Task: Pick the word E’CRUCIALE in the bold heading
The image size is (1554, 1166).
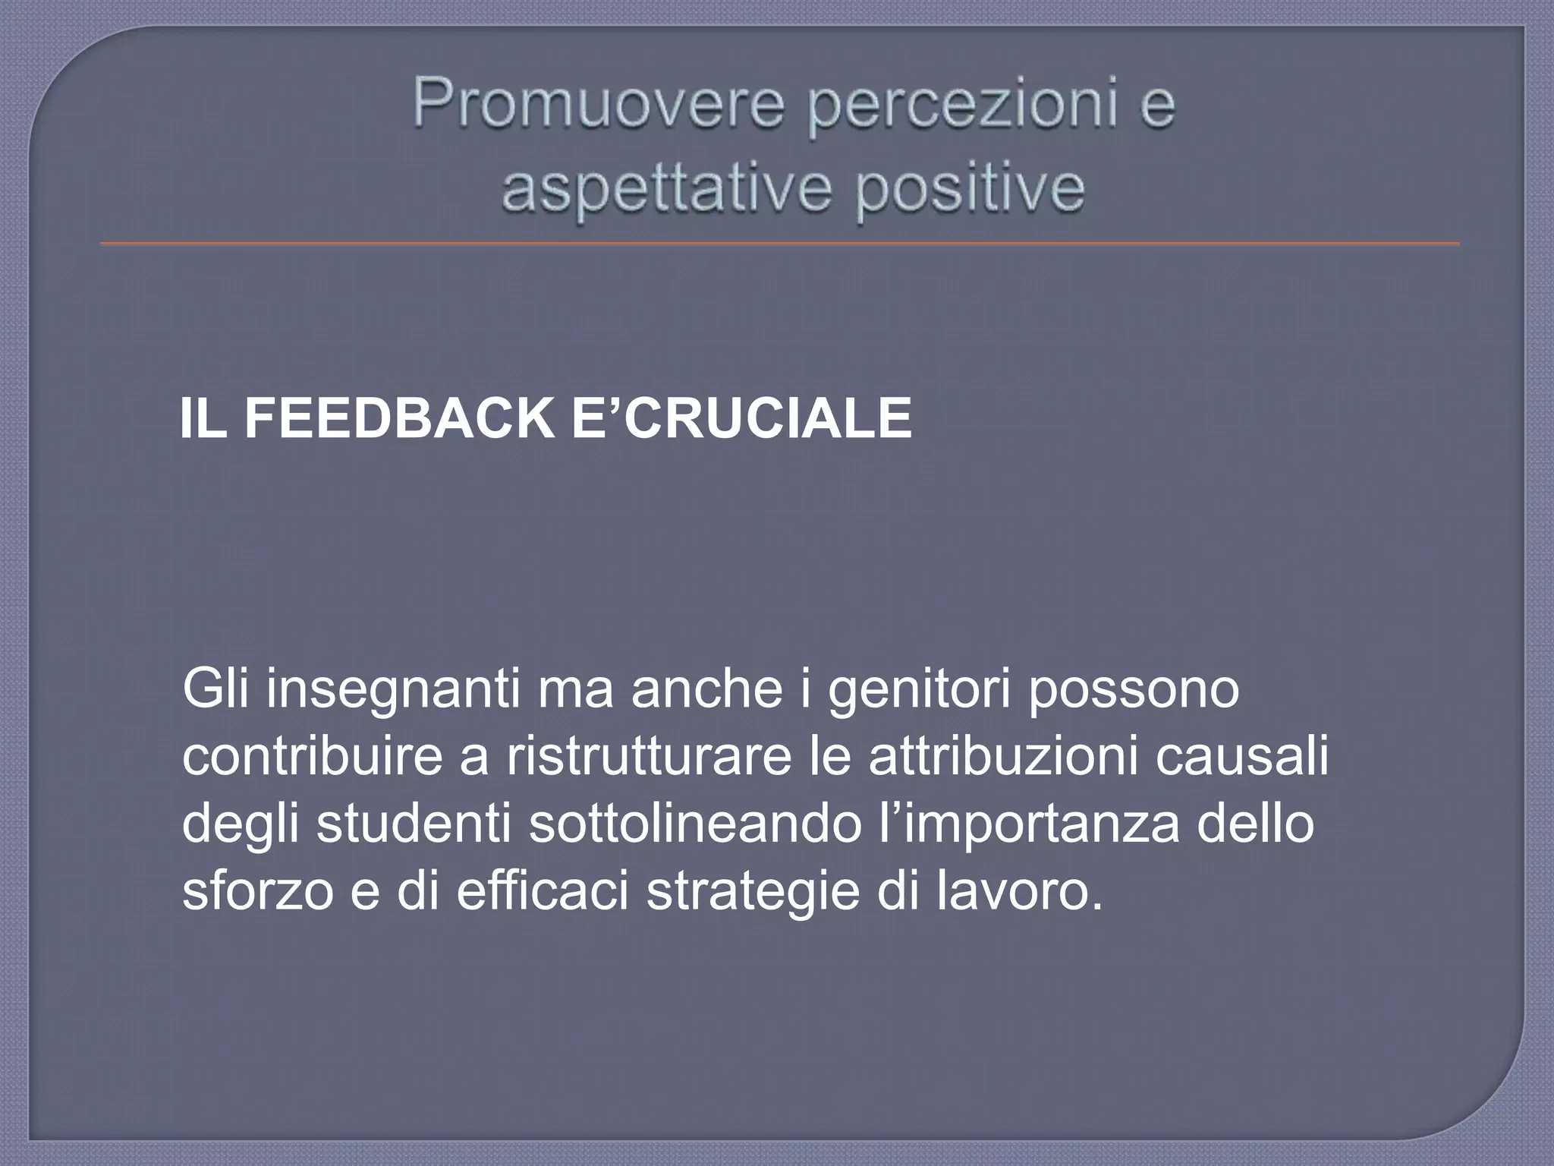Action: [740, 418]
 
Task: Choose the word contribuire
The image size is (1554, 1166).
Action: [312, 758]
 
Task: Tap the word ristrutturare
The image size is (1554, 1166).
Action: [650, 758]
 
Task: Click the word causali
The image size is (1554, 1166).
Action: [1242, 758]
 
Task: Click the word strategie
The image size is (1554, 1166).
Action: [751, 893]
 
